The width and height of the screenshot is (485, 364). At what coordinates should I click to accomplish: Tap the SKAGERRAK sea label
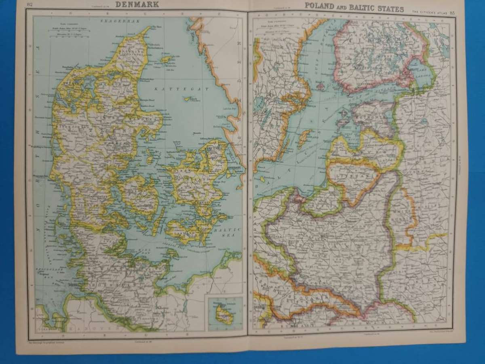click(112, 20)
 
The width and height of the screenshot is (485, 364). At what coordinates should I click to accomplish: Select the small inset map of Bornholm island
click(224, 313)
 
